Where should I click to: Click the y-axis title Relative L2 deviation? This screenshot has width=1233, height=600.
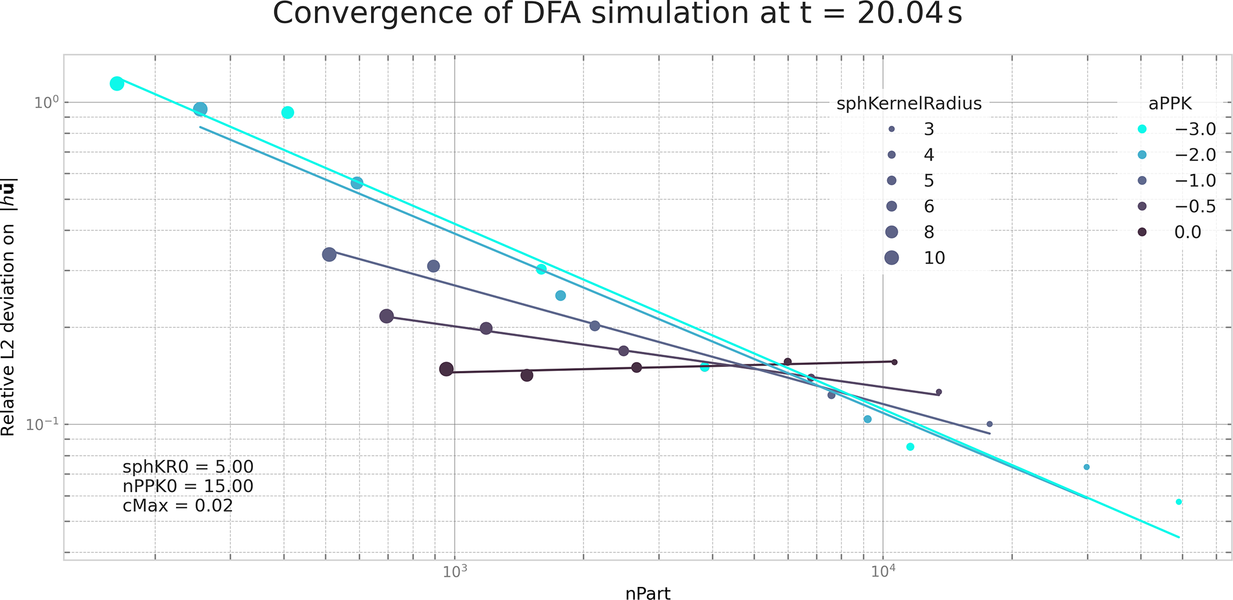[x=9, y=307]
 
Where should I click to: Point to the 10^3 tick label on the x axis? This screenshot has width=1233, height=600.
[x=454, y=571]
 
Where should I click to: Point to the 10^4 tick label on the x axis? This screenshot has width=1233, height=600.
[x=882, y=571]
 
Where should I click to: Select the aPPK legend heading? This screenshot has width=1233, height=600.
[x=1170, y=104]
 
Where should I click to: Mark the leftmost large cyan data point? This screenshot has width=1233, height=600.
[x=117, y=83]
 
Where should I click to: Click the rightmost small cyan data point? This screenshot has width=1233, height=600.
[x=1179, y=502]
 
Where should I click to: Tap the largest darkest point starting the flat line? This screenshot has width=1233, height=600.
[x=446, y=369]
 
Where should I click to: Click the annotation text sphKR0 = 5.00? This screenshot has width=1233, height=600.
[x=188, y=466]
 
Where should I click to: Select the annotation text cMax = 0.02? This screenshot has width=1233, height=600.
[x=178, y=506]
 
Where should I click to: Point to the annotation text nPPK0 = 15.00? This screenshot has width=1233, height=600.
[x=188, y=486]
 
